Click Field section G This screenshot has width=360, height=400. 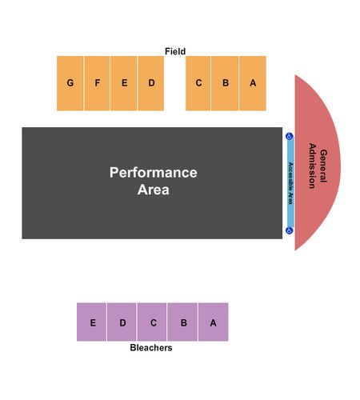[70, 83]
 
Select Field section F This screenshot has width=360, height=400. [97, 83]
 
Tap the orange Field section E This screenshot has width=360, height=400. [124, 83]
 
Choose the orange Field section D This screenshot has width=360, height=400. [151, 83]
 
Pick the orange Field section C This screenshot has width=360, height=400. [198, 83]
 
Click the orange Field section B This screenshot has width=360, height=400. [225, 83]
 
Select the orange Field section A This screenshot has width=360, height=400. [253, 83]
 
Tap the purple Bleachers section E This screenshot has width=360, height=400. [91, 322]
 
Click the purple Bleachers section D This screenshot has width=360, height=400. [122, 322]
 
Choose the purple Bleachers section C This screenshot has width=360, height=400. [152, 322]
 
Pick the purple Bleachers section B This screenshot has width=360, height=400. [182, 322]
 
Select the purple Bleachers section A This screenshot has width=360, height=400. [214, 322]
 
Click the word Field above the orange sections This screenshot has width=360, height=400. [175, 51]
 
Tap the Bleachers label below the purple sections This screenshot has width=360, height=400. [151, 348]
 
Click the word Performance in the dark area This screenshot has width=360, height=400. [154, 173]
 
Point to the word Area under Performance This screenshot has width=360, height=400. [154, 190]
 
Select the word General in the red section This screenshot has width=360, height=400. [323, 166]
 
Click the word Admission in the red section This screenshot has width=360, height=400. [312, 166]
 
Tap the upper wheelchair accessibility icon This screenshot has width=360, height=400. [290, 137]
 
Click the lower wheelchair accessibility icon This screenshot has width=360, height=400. [290, 230]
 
